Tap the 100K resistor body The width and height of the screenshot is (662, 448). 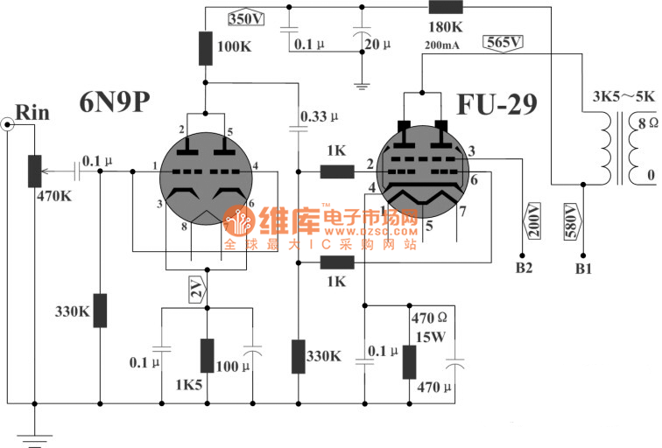[206, 47]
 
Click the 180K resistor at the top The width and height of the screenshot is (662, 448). [446, 8]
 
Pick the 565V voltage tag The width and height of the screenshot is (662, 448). [503, 41]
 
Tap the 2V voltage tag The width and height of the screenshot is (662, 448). [200, 290]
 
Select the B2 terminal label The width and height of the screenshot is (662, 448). [524, 268]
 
